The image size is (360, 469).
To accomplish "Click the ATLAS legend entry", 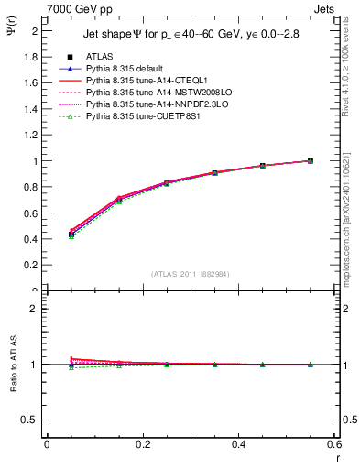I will tap(102, 57).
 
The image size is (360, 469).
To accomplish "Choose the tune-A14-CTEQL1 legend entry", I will tap(143, 82).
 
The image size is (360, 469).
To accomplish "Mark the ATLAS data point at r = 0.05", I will tap(71, 234).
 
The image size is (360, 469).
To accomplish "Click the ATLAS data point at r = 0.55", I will tap(310, 160).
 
